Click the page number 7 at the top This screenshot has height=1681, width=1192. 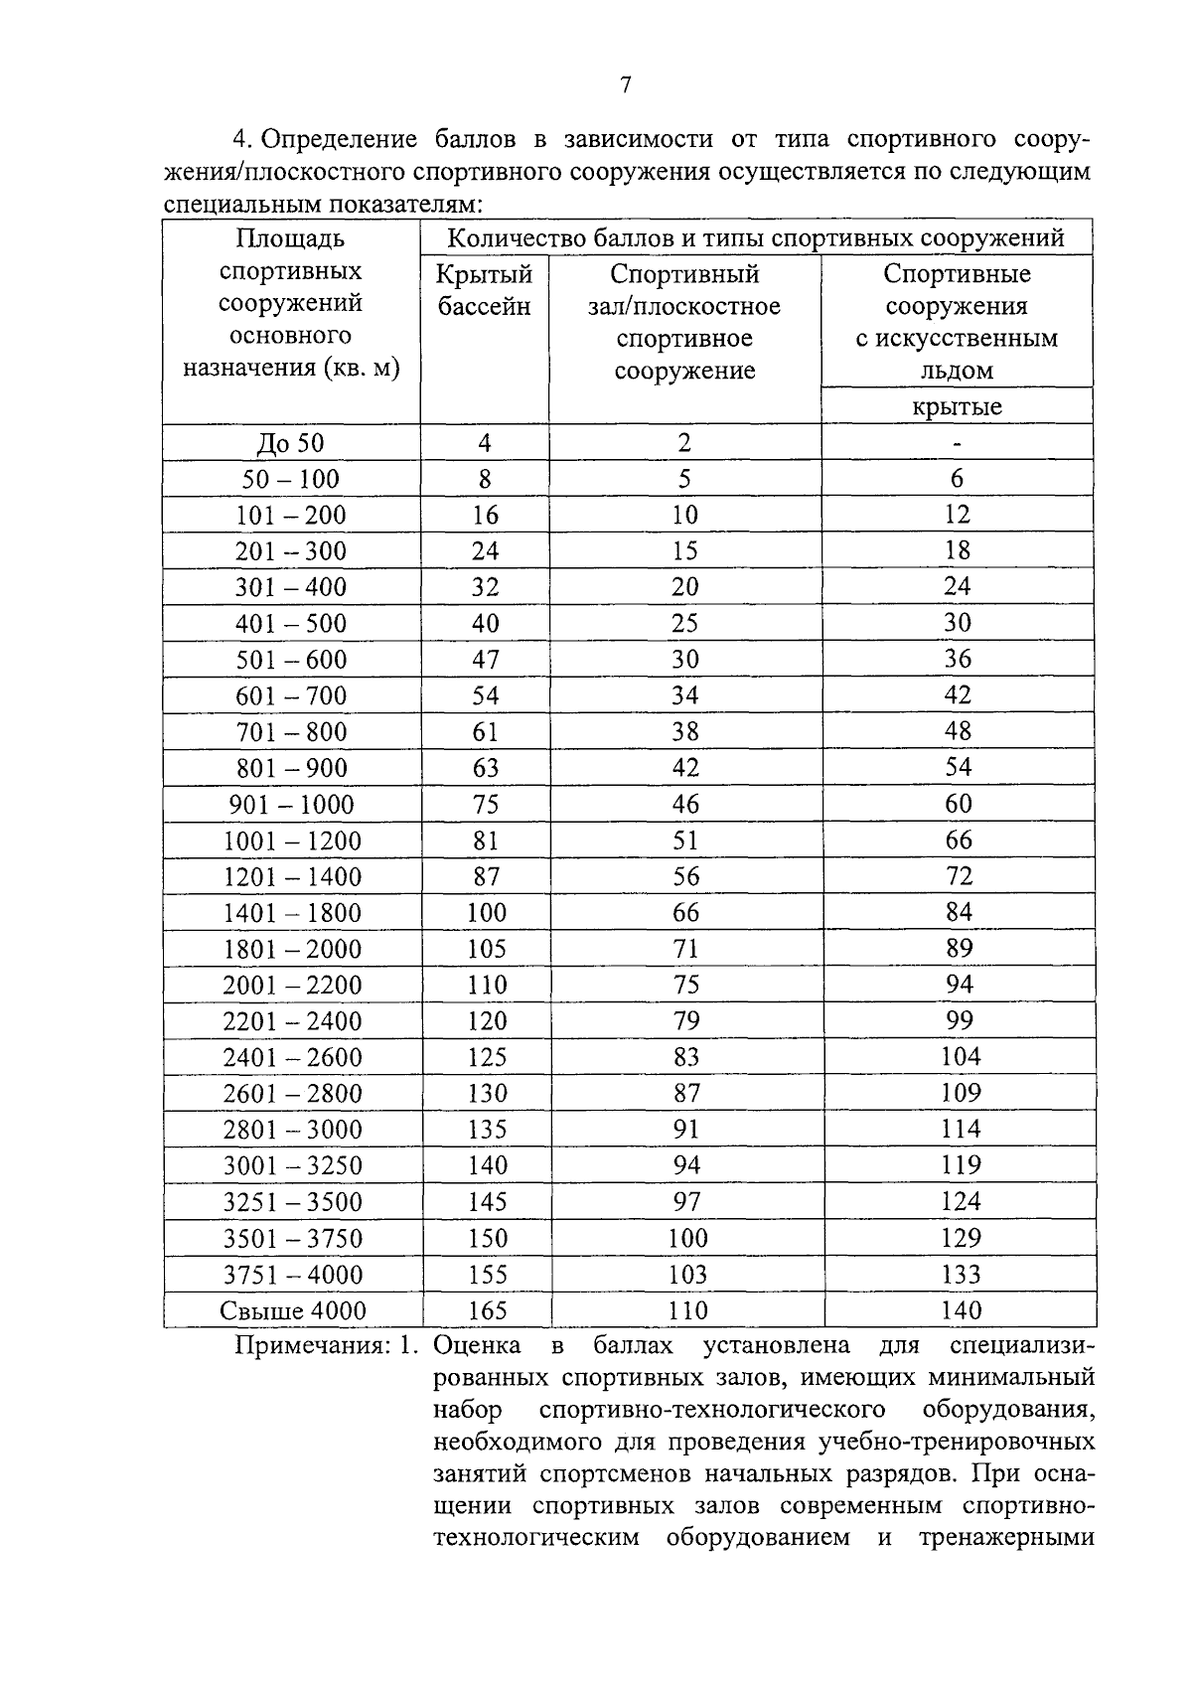(625, 85)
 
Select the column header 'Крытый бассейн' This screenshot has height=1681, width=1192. (485, 290)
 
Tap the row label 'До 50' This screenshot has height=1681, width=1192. (290, 443)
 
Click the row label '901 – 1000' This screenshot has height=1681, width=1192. (290, 805)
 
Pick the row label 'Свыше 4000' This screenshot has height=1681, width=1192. (292, 1310)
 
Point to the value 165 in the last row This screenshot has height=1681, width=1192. (486, 1310)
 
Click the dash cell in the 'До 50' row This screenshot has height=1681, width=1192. (958, 443)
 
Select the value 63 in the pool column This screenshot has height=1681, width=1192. (485, 769)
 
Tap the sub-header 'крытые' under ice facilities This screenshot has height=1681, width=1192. (957, 406)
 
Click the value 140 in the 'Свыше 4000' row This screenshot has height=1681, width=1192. (960, 1310)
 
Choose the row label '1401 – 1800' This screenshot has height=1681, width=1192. (292, 913)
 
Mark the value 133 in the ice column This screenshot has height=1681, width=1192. (960, 1275)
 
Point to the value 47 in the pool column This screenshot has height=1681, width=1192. (485, 661)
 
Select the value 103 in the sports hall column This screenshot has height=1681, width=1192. (686, 1275)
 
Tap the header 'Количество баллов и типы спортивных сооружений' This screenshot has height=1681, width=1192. (756, 238)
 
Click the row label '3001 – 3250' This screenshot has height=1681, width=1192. (292, 1166)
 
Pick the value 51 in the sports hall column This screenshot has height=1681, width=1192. (684, 841)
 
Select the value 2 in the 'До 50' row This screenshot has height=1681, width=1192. (684, 443)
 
